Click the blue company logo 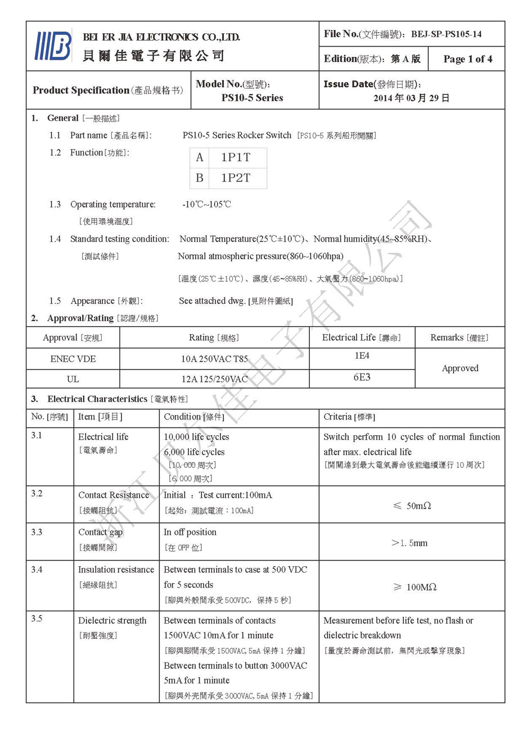click(x=53, y=46)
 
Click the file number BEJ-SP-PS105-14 click(x=446, y=34)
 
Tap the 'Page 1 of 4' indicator click(x=467, y=59)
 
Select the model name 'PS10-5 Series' click(x=252, y=98)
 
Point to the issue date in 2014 click(x=411, y=98)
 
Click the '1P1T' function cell click(x=236, y=157)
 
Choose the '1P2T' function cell click(x=236, y=178)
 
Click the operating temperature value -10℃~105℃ click(x=206, y=205)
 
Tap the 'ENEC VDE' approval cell click(x=73, y=359)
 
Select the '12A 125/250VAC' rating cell click(x=214, y=379)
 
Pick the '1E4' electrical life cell click(x=362, y=356)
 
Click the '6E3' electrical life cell click(x=362, y=377)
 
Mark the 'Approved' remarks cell click(x=459, y=368)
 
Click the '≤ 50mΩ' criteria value click(x=412, y=506)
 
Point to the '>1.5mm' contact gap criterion click(x=409, y=543)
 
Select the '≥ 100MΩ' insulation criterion click(x=414, y=587)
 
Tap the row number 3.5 click(x=37, y=619)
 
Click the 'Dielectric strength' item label click(x=112, y=621)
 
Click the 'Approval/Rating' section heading click(x=80, y=318)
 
